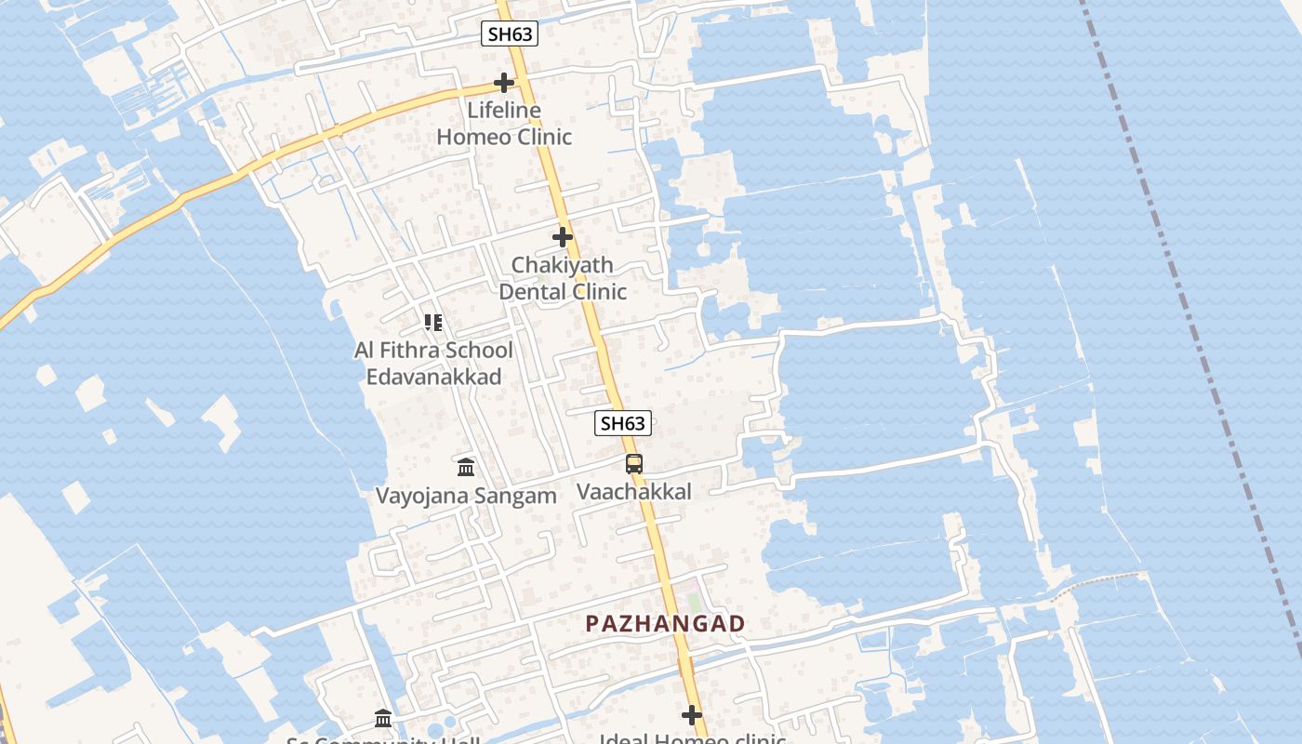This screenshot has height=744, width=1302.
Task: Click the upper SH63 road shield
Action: pyautogui.click(x=510, y=34)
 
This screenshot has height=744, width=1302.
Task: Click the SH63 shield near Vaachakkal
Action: pyautogui.click(x=622, y=423)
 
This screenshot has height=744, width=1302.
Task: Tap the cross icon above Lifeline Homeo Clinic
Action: pyautogui.click(x=504, y=84)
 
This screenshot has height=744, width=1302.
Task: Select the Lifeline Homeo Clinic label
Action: pyautogui.click(x=504, y=124)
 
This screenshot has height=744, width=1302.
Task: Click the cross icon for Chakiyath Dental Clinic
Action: pyautogui.click(x=563, y=237)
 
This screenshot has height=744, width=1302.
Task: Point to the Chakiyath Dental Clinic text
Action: pyautogui.click(x=563, y=278)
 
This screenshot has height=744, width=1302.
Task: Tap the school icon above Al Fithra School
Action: pyautogui.click(x=433, y=323)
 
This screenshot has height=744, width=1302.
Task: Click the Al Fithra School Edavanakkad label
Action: pyautogui.click(x=433, y=363)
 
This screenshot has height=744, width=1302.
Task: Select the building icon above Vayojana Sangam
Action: pyautogui.click(x=466, y=466)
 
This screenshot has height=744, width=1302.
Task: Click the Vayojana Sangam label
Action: pyautogui.click(x=466, y=496)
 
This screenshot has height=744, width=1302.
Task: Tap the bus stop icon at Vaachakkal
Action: pyautogui.click(x=634, y=463)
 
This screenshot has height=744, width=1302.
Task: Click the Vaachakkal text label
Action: pyautogui.click(x=634, y=492)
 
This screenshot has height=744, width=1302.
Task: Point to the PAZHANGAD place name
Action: pyautogui.click(x=665, y=624)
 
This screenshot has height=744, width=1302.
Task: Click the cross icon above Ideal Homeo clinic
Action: pyautogui.click(x=692, y=715)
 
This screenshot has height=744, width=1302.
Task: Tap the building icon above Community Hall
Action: pyautogui.click(x=383, y=718)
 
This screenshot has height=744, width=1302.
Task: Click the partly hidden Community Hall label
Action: pyautogui.click(x=383, y=740)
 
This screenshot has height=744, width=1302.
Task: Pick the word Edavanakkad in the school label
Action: pyautogui.click(x=433, y=377)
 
